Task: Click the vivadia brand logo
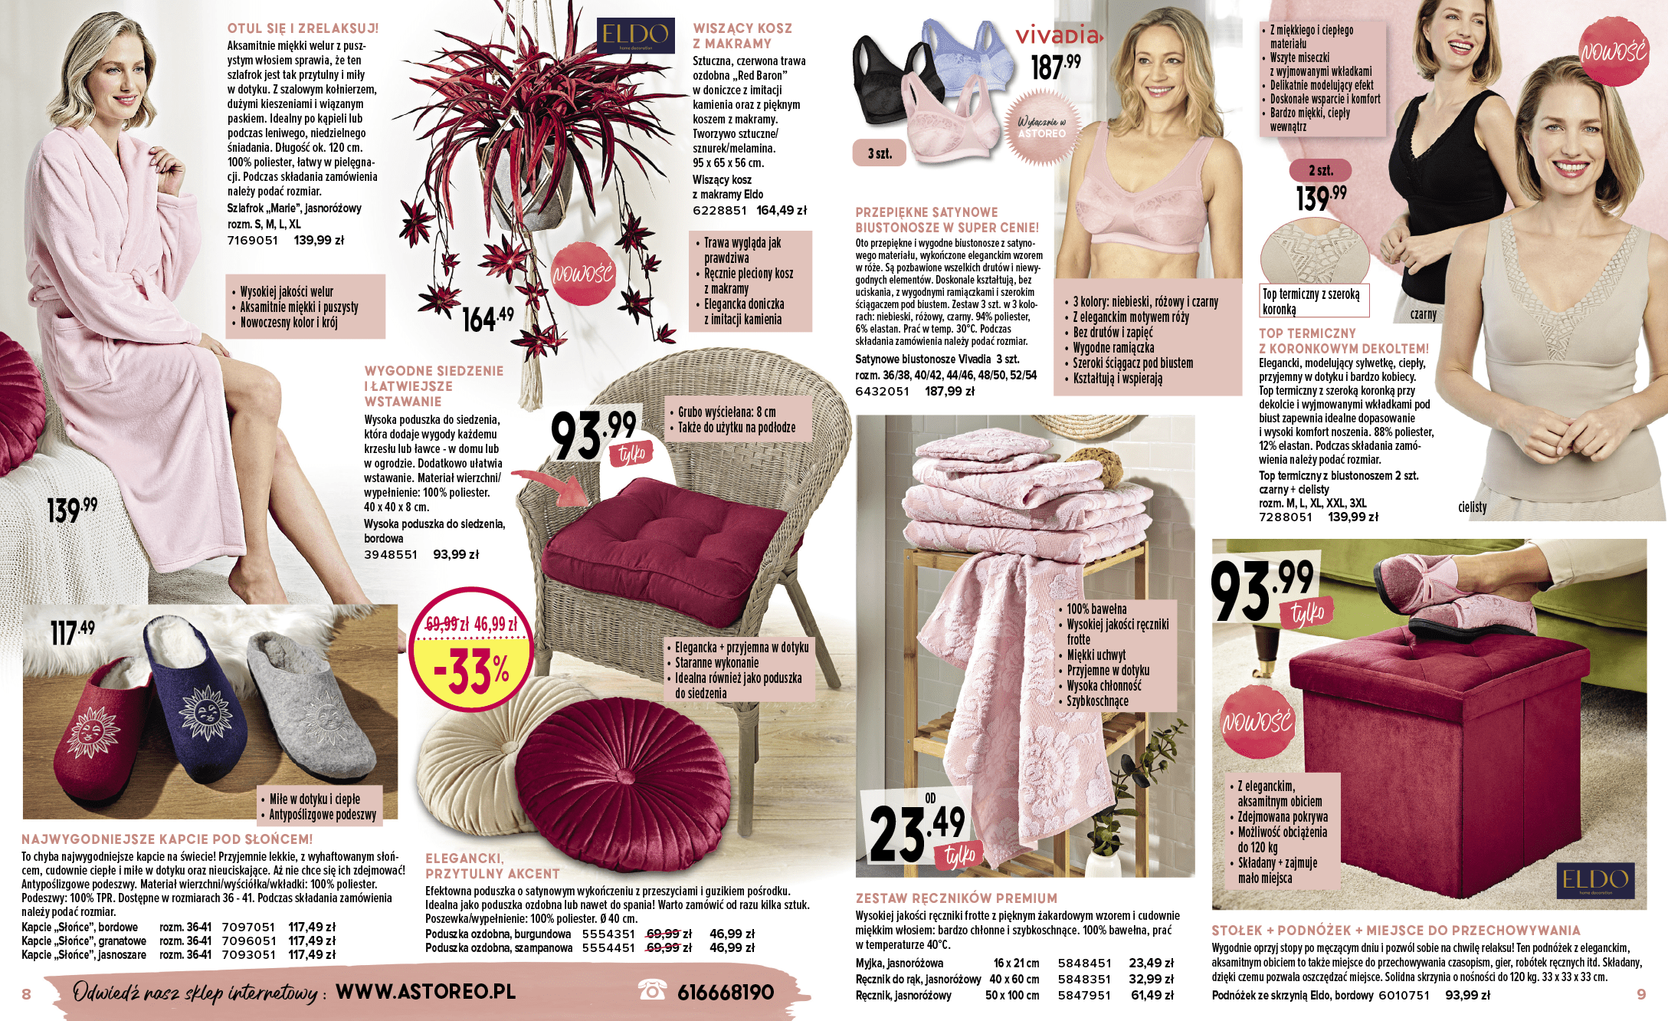tap(1059, 35)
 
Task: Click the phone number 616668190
tap(725, 993)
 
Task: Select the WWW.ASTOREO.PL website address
tap(425, 991)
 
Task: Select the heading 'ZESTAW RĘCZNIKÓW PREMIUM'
tap(956, 898)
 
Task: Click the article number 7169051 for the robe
tap(252, 240)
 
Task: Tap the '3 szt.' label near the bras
tap(880, 153)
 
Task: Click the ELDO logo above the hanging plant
tap(635, 35)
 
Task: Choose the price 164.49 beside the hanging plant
tap(487, 317)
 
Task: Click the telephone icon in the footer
tap(652, 990)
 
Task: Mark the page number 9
tap(1640, 994)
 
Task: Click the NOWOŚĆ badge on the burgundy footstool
tap(1257, 721)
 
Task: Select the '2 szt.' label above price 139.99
tap(1320, 170)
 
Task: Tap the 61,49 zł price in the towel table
tap(1152, 995)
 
